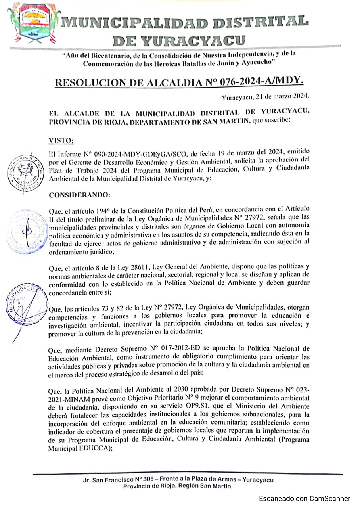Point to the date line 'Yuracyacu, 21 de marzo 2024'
click(x=265, y=97)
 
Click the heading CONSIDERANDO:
click(x=80, y=195)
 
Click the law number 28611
click(x=140, y=267)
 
